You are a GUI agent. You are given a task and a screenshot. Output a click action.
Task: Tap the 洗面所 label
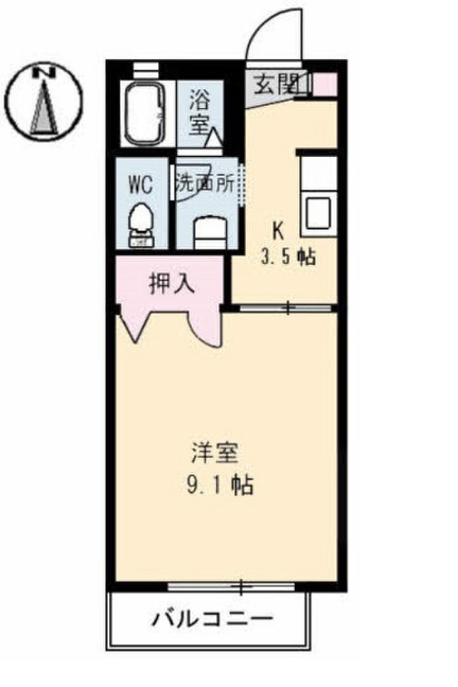click(205, 182)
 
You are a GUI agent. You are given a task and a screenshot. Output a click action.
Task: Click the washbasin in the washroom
click(207, 232)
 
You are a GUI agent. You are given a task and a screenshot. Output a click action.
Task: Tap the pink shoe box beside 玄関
click(324, 83)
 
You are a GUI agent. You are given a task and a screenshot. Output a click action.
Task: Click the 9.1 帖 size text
click(218, 485)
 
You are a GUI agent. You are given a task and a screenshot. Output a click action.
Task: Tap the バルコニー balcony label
click(211, 617)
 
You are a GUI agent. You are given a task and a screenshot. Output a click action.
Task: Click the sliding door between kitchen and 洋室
click(287, 308)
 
